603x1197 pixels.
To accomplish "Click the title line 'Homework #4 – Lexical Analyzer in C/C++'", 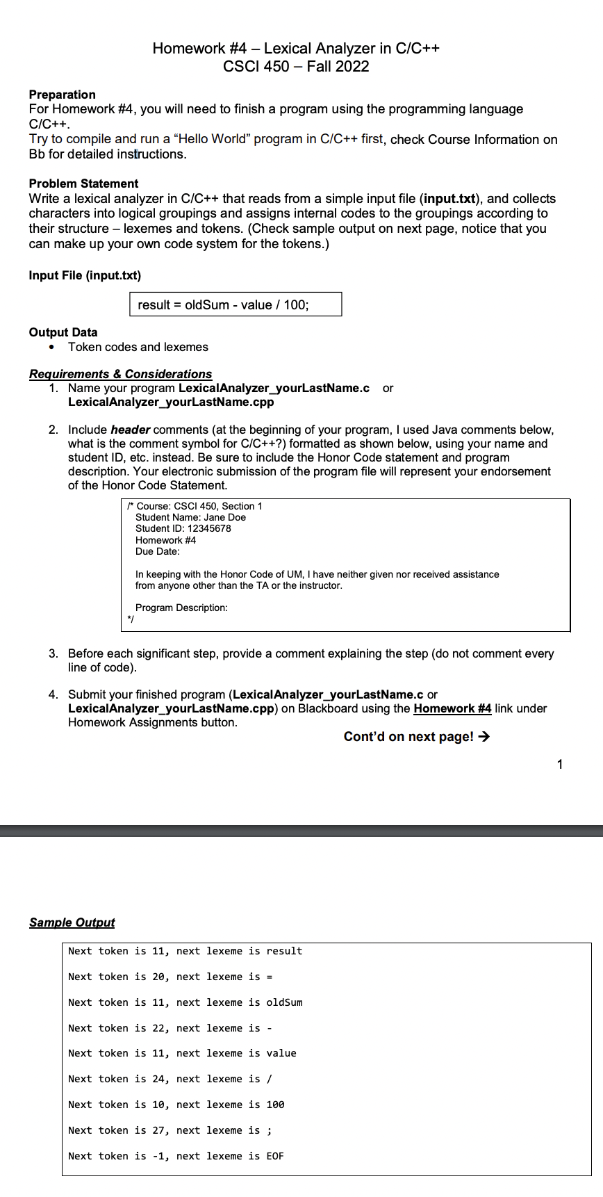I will coord(296,48).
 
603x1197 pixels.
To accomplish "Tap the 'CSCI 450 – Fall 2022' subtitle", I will coord(296,67).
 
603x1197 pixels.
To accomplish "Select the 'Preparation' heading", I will coord(63,95).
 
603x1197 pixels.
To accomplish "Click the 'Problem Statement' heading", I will coord(83,184).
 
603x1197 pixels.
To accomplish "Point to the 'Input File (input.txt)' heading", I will coord(85,275).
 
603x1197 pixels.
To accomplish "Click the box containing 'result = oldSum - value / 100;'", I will coord(236,304).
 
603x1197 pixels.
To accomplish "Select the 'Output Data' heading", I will coord(63,332).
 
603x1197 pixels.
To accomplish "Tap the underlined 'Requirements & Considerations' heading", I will coord(120,374).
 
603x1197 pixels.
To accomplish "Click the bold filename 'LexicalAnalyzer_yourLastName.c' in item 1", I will coord(274,388).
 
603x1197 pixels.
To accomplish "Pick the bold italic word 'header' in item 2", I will coord(131,430).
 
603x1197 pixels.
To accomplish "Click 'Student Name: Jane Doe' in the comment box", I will coord(190,517).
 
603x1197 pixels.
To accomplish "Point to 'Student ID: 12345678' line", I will coord(183,528).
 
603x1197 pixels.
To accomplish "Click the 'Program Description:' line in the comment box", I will coord(181,608).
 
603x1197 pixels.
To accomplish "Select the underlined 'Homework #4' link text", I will coord(452,708).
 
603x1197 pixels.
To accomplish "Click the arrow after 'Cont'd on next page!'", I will coord(484,737).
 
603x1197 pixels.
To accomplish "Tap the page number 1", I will coord(560,765).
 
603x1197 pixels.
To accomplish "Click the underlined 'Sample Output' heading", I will coord(72,922).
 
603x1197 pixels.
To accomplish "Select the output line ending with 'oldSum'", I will coord(185,1002).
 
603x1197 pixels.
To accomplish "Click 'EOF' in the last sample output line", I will coord(275,1156).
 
